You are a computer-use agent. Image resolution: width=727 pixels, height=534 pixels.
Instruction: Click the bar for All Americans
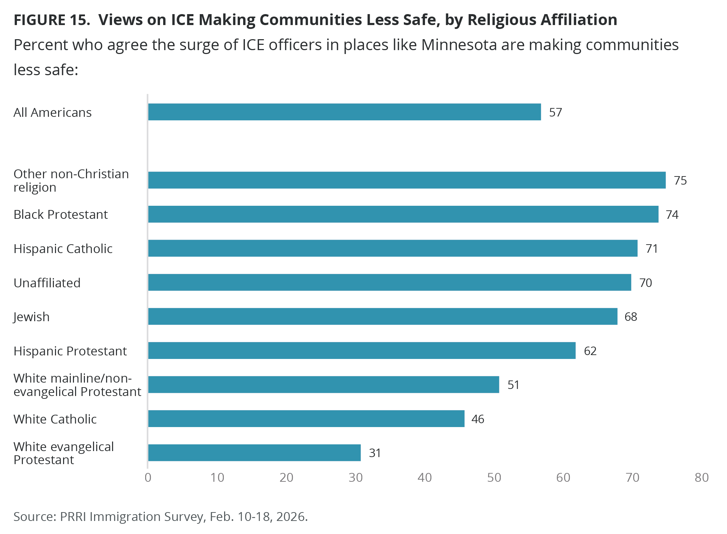click(344, 112)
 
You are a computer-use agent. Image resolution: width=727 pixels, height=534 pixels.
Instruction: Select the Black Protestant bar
click(403, 214)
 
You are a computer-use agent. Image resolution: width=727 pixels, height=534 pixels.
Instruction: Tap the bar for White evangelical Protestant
click(254, 452)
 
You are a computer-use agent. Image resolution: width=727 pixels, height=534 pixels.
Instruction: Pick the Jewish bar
click(383, 316)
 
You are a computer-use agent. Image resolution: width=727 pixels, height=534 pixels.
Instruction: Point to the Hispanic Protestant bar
click(362, 350)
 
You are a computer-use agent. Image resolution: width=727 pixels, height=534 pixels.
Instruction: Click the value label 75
click(680, 180)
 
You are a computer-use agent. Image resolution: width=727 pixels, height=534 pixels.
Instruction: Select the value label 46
click(478, 419)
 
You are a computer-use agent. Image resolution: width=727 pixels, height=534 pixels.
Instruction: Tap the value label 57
click(555, 112)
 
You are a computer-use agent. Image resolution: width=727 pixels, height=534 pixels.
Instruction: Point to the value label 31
click(375, 453)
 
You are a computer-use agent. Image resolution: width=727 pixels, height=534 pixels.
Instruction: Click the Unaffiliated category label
click(47, 283)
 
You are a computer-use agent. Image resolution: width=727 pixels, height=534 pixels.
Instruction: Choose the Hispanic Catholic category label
click(63, 248)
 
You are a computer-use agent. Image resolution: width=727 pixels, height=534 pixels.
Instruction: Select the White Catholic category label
click(55, 419)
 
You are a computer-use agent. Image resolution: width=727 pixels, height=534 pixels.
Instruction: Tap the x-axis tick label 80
click(701, 477)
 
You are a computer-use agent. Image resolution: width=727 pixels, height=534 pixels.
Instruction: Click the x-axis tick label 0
click(148, 477)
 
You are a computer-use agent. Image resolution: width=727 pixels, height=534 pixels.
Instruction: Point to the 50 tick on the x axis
click(494, 477)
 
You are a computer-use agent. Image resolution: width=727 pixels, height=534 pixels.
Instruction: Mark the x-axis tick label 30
click(356, 477)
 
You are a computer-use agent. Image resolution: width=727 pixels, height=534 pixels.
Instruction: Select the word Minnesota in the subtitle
click(459, 45)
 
